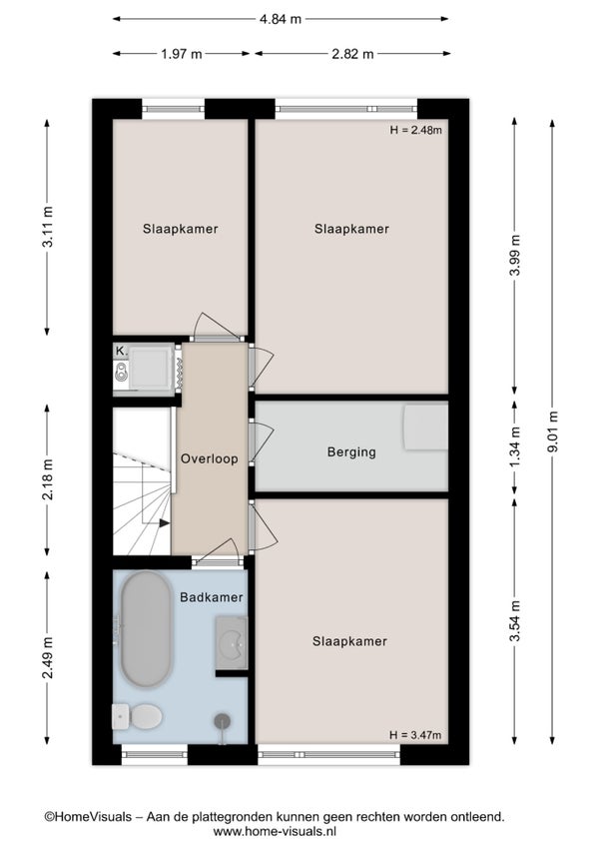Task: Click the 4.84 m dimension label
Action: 281,19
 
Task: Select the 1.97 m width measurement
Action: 181,54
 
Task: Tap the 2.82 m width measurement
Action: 352,54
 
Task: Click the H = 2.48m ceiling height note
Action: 416,130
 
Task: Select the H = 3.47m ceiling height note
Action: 415,735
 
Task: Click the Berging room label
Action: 351,451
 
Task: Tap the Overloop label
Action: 209,458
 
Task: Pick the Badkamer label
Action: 212,597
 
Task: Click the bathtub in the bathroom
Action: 146,629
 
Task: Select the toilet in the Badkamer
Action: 137,716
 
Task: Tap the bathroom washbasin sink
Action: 232,643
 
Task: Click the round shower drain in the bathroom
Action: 222,720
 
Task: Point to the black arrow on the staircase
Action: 164,523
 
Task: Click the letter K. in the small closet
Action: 121,351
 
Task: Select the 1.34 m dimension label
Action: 515,447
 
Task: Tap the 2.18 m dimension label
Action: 47,479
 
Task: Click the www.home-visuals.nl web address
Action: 275,831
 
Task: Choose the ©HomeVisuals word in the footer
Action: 88,817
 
